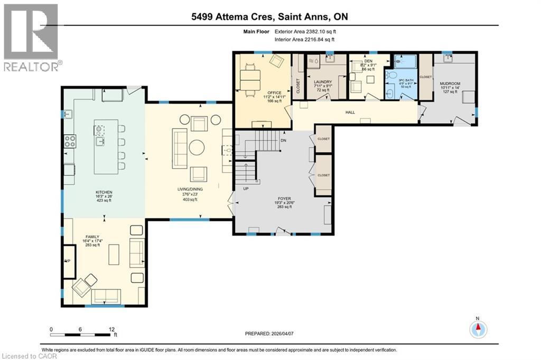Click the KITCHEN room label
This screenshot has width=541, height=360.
(x=104, y=192)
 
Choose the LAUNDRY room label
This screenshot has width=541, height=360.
(x=322, y=82)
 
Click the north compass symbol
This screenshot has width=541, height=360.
(x=478, y=329)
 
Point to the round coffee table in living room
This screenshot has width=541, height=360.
(x=197, y=147)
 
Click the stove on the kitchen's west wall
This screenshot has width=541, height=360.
(x=70, y=141)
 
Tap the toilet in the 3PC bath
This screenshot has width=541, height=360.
(x=391, y=75)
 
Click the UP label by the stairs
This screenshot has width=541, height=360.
(x=245, y=188)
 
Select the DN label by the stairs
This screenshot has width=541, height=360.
(x=283, y=141)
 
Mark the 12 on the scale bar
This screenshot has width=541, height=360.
(x=111, y=328)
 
